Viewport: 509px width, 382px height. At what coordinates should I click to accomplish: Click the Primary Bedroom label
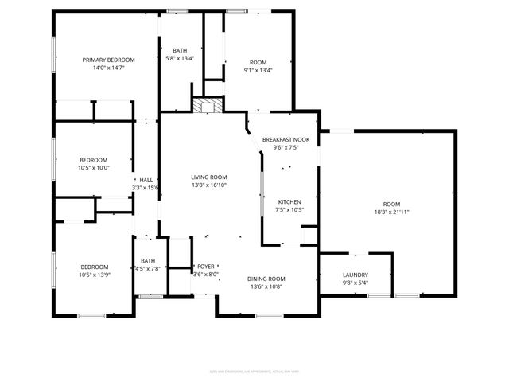coord(109,60)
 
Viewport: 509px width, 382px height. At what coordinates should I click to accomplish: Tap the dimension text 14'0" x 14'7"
coord(109,68)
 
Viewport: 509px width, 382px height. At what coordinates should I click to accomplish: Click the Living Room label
coord(209,177)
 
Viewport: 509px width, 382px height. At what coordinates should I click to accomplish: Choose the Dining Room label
coord(266,279)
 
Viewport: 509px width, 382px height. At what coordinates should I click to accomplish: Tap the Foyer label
coord(205,266)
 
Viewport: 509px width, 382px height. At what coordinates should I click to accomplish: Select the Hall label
coord(146,180)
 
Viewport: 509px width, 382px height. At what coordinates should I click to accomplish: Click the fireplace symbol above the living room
coord(208,106)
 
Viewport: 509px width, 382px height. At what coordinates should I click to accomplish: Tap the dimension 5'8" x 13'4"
coord(180,58)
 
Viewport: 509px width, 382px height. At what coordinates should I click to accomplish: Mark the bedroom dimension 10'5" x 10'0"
coord(93,168)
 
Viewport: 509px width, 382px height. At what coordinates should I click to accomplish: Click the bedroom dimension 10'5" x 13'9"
coord(93,275)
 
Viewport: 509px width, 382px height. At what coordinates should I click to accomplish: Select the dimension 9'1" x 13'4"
coord(258,70)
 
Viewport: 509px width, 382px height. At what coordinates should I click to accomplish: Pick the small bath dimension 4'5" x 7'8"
coord(149,269)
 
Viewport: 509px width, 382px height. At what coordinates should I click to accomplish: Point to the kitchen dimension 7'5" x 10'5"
coord(290,209)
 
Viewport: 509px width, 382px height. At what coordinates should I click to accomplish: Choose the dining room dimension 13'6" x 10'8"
coord(266,286)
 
